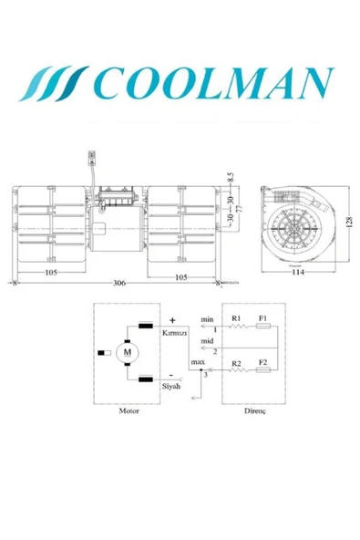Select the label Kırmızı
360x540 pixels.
tap(175, 334)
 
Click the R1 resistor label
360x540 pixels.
tap(236, 318)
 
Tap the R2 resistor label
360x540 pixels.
tap(236, 363)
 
